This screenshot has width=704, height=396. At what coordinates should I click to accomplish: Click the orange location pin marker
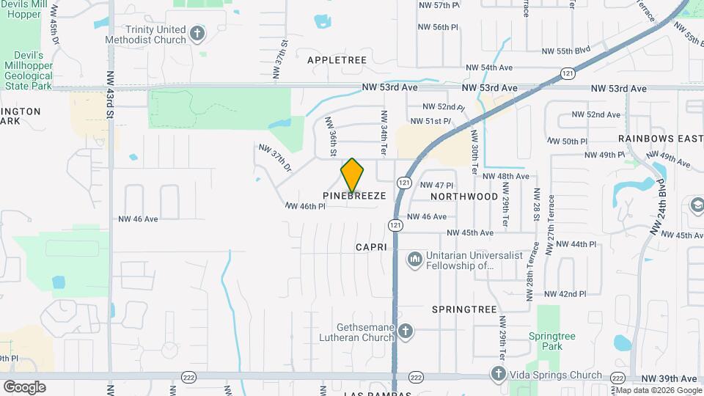coord(352,175)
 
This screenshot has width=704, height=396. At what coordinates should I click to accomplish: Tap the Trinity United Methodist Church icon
coord(197,33)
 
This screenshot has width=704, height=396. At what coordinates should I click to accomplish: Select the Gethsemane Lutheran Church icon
coord(404,333)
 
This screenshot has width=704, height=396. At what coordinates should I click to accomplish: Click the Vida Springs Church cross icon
coord(499,375)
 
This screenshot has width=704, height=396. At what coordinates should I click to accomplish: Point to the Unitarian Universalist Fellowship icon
coord(415,260)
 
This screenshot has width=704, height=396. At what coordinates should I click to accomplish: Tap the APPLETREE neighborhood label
coord(337,59)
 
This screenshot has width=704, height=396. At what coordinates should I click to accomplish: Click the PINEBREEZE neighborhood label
coord(354,197)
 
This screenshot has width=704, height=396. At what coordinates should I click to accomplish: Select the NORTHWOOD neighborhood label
coord(464,197)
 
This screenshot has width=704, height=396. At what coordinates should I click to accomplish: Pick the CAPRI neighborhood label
coord(373,247)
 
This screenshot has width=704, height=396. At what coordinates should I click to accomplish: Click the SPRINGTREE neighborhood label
coord(465,309)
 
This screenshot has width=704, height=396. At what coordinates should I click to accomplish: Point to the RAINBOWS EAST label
coord(660,138)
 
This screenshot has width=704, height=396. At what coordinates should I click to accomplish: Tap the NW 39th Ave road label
coord(669,378)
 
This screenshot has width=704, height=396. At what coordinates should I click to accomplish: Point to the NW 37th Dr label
coord(275,158)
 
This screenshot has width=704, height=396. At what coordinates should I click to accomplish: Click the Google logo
coord(24,387)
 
